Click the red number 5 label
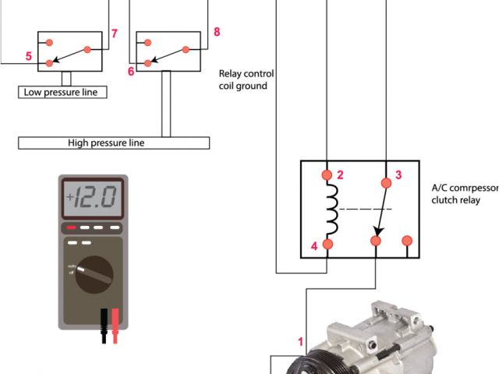coord(29,56)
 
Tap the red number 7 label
coord(114,34)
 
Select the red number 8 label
coord(216,32)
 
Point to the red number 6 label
coord(131,70)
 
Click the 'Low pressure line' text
coord(62,92)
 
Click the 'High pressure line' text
coord(106,143)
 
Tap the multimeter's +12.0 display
coord(94,195)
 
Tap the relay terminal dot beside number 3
coord(385,183)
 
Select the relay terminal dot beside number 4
coord(327,245)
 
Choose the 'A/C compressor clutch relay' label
coord(465,193)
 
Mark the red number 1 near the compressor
coord(299,340)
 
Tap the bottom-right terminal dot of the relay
coord(406,241)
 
